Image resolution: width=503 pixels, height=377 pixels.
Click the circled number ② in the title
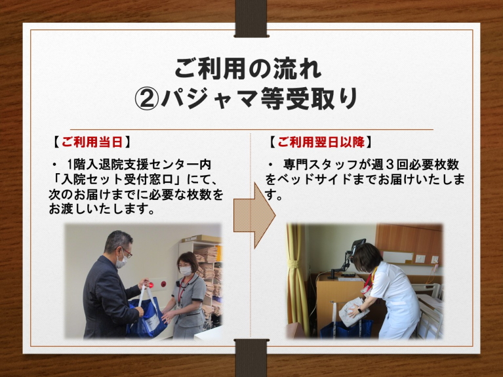point(147,99)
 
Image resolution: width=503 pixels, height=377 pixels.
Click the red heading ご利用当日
point(92,142)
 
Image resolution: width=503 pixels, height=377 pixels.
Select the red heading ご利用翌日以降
point(321,142)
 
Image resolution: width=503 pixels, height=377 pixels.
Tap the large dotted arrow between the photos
point(254,215)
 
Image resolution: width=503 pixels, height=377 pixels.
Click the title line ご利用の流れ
point(248,68)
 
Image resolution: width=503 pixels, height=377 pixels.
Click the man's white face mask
point(121,260)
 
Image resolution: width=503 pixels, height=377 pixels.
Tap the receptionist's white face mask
point(186,271)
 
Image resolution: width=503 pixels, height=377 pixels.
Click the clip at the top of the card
point(251,18)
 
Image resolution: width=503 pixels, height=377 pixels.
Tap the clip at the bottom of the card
point(251,357)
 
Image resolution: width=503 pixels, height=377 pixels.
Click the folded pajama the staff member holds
point(353,311)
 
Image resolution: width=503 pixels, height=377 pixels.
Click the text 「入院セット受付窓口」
point(117,180)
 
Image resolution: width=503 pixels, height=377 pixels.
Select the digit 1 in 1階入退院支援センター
point(70,165)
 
